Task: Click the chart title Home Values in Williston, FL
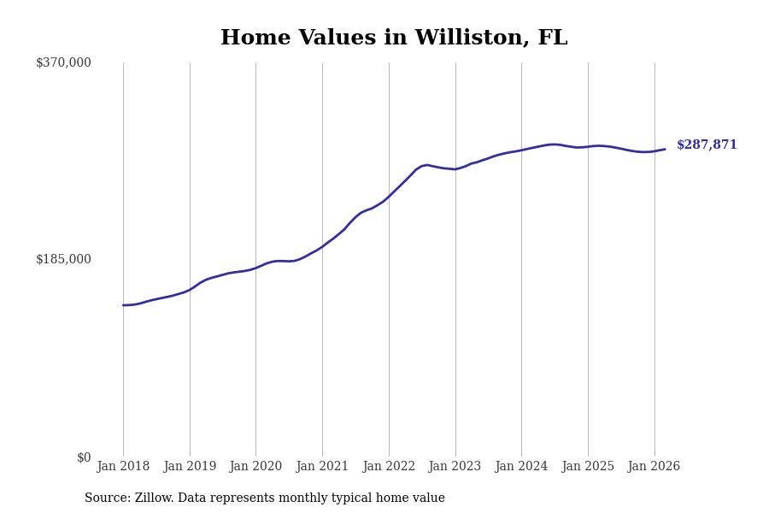394,38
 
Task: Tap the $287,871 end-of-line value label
707,145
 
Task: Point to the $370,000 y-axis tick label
63,62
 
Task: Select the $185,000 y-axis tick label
63,259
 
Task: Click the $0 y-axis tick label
84,457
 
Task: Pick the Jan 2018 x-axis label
123,467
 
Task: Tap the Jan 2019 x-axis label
190,467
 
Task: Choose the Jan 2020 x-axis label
255,467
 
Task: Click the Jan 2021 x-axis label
322,467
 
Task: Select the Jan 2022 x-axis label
389,467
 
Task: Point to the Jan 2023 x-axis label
455,467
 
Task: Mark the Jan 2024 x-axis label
521,467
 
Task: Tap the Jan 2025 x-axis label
588,467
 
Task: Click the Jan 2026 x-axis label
654,467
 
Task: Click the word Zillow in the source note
154,498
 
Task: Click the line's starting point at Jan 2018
123,305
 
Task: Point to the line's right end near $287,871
665,150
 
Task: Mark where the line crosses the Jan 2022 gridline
389,197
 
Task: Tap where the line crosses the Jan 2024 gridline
521,150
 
